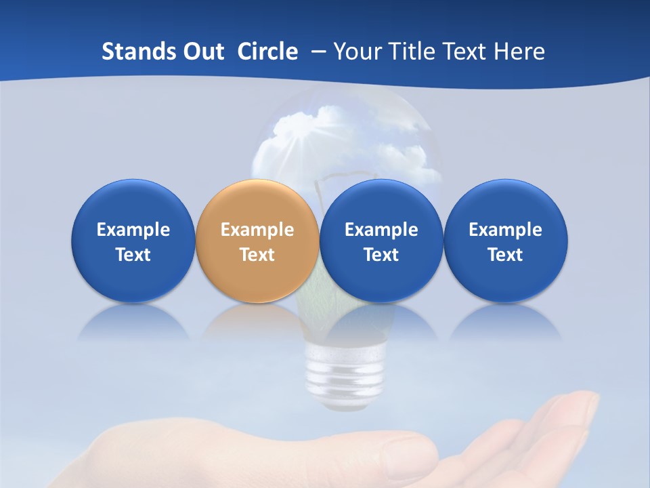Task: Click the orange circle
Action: point(257,241)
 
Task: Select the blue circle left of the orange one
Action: point(133,241)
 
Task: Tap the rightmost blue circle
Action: point(505,241)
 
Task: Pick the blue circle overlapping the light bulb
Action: point(381,241)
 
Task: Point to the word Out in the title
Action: point(202,52)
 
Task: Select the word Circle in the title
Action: point(267,52)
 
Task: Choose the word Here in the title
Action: point(519,52)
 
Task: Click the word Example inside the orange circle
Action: point(257,230)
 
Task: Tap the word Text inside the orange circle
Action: point(257,255)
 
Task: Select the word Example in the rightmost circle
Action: point(505,230)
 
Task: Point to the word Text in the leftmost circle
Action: point(133,255)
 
